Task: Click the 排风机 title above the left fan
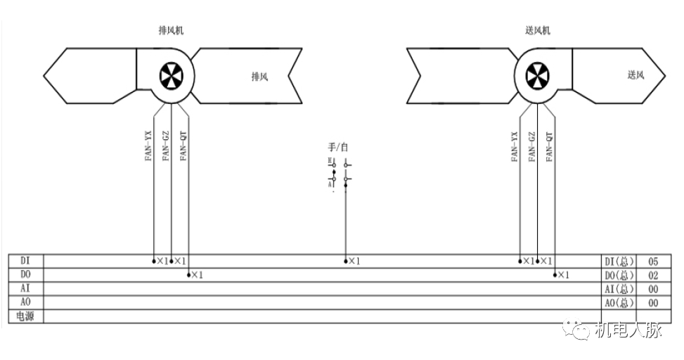pos(172,31)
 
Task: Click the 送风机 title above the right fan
pos(538,31)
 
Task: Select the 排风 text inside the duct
pos(260,77)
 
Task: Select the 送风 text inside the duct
pos(635,75)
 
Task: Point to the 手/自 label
pos(338,148)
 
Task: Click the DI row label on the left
pos(25,261)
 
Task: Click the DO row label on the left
pos(25,274)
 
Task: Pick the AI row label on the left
pos(25,288)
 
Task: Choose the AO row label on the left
pos(25,302)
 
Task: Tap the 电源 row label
pos(25,316)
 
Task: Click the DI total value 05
pos(653,262)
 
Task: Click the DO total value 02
pos(653,275)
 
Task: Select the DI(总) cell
pos(619,262)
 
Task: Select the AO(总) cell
pos(619,302)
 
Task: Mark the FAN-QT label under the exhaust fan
pos(183,146)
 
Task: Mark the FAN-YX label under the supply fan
pos(515,146)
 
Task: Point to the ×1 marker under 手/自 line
pos(354,262)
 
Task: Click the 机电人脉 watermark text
pos(628,330)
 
